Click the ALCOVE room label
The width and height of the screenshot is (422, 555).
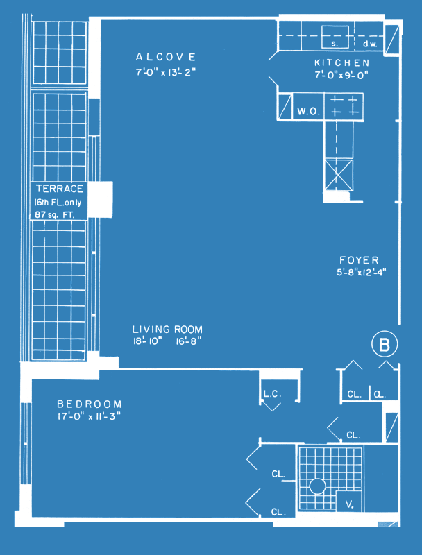coord(166,57)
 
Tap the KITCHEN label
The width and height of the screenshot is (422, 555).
coord(342,63)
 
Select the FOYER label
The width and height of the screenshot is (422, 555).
coord(360,261)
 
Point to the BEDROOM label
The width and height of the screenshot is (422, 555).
coord(90,404)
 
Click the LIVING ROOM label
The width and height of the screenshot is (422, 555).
coord(167,330)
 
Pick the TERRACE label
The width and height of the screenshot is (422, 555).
coord(60,189)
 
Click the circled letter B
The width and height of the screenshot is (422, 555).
coord(385,344)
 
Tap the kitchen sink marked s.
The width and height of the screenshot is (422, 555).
coord(335,37)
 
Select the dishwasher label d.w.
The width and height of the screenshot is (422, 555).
coord(371,44)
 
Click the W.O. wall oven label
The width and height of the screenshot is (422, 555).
coord(309,112)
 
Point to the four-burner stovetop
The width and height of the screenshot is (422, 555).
coord(344,105)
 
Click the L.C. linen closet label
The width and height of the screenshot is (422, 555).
coord(273,394)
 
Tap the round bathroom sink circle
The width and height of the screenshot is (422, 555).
coord(317,486)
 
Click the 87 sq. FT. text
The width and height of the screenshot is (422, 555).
coord(55,215)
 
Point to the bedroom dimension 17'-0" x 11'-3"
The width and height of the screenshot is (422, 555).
coord(90,416)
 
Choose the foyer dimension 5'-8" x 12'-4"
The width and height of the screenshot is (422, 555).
coord(362,273)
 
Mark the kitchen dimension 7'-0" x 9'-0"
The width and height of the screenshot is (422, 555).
coord(342,75)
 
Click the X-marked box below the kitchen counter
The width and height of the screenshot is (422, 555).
coord(339,176)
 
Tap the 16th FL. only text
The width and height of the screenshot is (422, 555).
coord(58,203)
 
